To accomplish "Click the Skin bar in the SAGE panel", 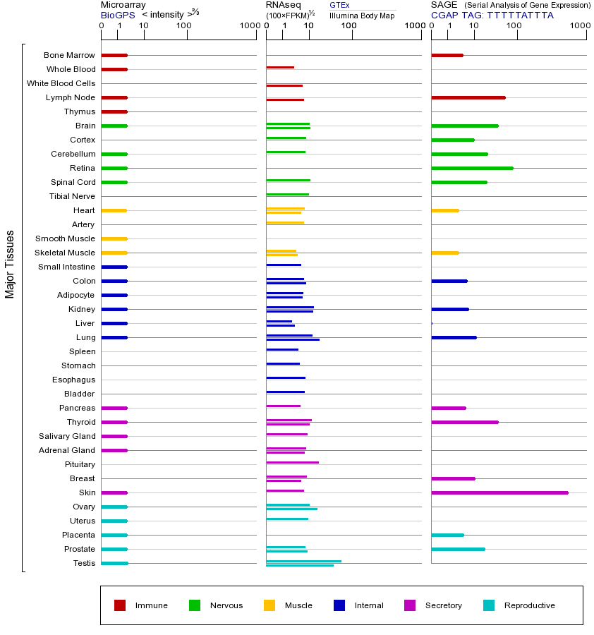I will [x=499, y=492].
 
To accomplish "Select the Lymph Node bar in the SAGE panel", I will [x=468, y=97].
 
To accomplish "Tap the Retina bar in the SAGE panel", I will [x=472, y=168].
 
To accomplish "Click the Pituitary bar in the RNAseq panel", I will [x=292, y=462].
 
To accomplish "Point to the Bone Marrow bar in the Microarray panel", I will [x=114, y=55].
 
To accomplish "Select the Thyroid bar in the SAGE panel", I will [x=464, y=422].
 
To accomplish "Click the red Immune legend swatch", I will [x=120, y=605].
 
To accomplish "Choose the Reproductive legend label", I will [x=529, y=605].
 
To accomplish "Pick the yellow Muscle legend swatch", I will [x=269, y=605].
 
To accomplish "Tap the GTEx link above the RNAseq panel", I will [x=339, y=5].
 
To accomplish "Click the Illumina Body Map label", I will [x=362, y=15].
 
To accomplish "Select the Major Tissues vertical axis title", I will [x=10, y=264].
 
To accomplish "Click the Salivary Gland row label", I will [x=67, y=436].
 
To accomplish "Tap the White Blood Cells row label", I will [x=61, y=83].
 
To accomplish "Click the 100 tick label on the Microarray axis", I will [x=184, y=26].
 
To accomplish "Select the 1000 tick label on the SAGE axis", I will [x=579, y=26].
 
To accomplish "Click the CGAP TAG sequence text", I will [x=492, y=15].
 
